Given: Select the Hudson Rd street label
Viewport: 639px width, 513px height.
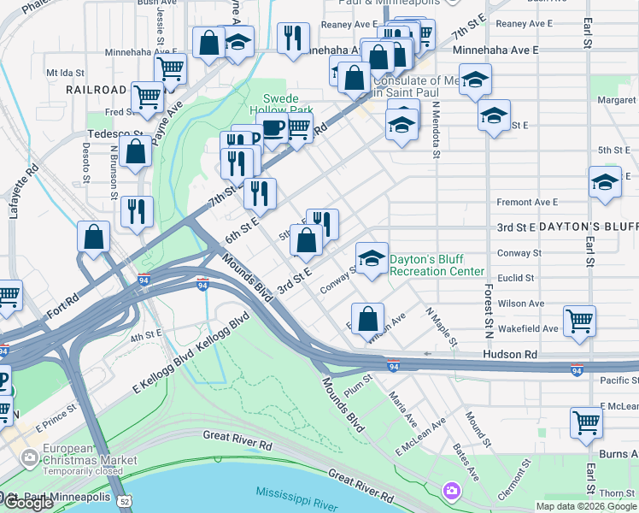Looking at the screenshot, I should click(x=509, y=353).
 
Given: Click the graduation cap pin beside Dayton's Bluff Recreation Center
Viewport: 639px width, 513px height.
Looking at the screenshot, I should click(x=372, y=258).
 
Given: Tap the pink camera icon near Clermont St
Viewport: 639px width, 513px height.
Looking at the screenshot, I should click(x=451, y=491).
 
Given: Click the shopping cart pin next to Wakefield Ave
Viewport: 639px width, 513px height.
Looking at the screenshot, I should click(x=580, y=321).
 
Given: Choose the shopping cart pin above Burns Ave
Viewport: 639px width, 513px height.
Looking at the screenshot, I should click(x=586, y=422).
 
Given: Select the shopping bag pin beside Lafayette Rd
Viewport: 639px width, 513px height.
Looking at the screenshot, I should click(x=94, y=238).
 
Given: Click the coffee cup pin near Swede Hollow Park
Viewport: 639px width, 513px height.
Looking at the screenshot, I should click(x=273, y=130).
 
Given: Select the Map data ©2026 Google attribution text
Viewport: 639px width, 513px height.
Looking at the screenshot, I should click(x=585, y=506).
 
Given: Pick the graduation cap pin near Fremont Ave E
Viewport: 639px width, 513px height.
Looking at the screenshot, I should click(x=605, y=182).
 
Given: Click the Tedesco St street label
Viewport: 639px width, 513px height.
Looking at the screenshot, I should click(x=115, y=134).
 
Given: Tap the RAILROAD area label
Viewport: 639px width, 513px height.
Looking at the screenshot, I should click(x=92, y=89).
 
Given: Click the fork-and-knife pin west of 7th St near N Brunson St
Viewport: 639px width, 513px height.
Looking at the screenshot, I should click(x=137, y=211).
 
